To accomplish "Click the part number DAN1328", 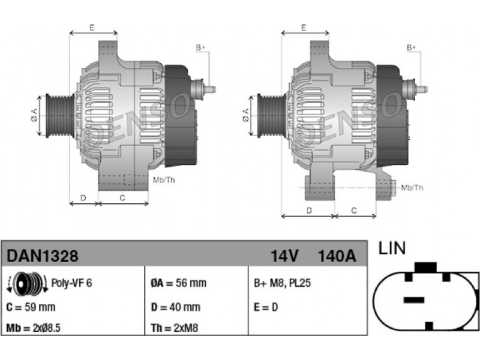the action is (x=42, y=256).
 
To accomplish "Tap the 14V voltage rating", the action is (x=284, y=256).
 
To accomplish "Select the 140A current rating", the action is (x=337, y=256).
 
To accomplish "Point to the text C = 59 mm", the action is (x=31, y=307).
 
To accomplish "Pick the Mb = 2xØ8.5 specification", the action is (x=33, y=328).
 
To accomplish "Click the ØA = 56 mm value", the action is (x=178, y=283).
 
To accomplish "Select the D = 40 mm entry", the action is (x=175, y=307).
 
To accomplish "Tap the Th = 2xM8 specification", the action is (x=175, y=328).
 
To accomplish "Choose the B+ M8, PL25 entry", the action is (x=282, y=283).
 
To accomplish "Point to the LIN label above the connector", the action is (x=392, y=248).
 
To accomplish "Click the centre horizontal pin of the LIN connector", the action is (x=414, y=300).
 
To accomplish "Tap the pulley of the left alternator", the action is (x=59, y=116).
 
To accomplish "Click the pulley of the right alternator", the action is (x=271, y=116).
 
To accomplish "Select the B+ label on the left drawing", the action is (x=200, y=48).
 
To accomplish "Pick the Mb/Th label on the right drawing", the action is (x=412, y=187).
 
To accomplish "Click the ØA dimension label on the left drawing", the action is (x=34, y=115).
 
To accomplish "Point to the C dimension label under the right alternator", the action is (x=354, y=211).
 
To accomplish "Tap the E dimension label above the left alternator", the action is (x=92, y=28).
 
